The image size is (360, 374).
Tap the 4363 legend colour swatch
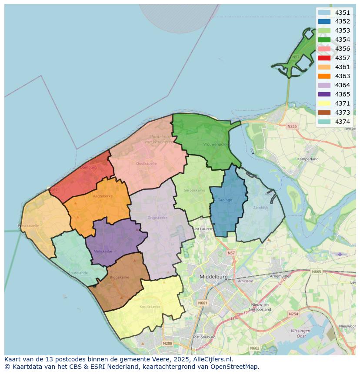click(x=324, y=76)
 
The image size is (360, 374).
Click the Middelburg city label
click(x=213, y=276)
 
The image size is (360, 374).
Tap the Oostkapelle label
click(x=146, y=163)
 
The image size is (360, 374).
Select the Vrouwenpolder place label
click(x=217, y=144)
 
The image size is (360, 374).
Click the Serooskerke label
click(x=194, y=190)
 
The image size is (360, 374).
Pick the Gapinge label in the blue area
click(x=224, y=200)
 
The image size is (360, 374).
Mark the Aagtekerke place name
click(x=103, y=196)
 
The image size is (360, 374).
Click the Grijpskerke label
click(x=157, y=217)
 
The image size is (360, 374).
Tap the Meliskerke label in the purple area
click(x=103, y=251)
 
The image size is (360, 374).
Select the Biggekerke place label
click(x=120, y=277)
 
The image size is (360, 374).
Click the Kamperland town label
click(x=307, y=159)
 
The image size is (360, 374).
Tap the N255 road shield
click(x=292, y=126)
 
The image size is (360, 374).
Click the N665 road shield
click(x=317, y=271)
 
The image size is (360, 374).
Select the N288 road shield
click(x=167, y=343)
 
